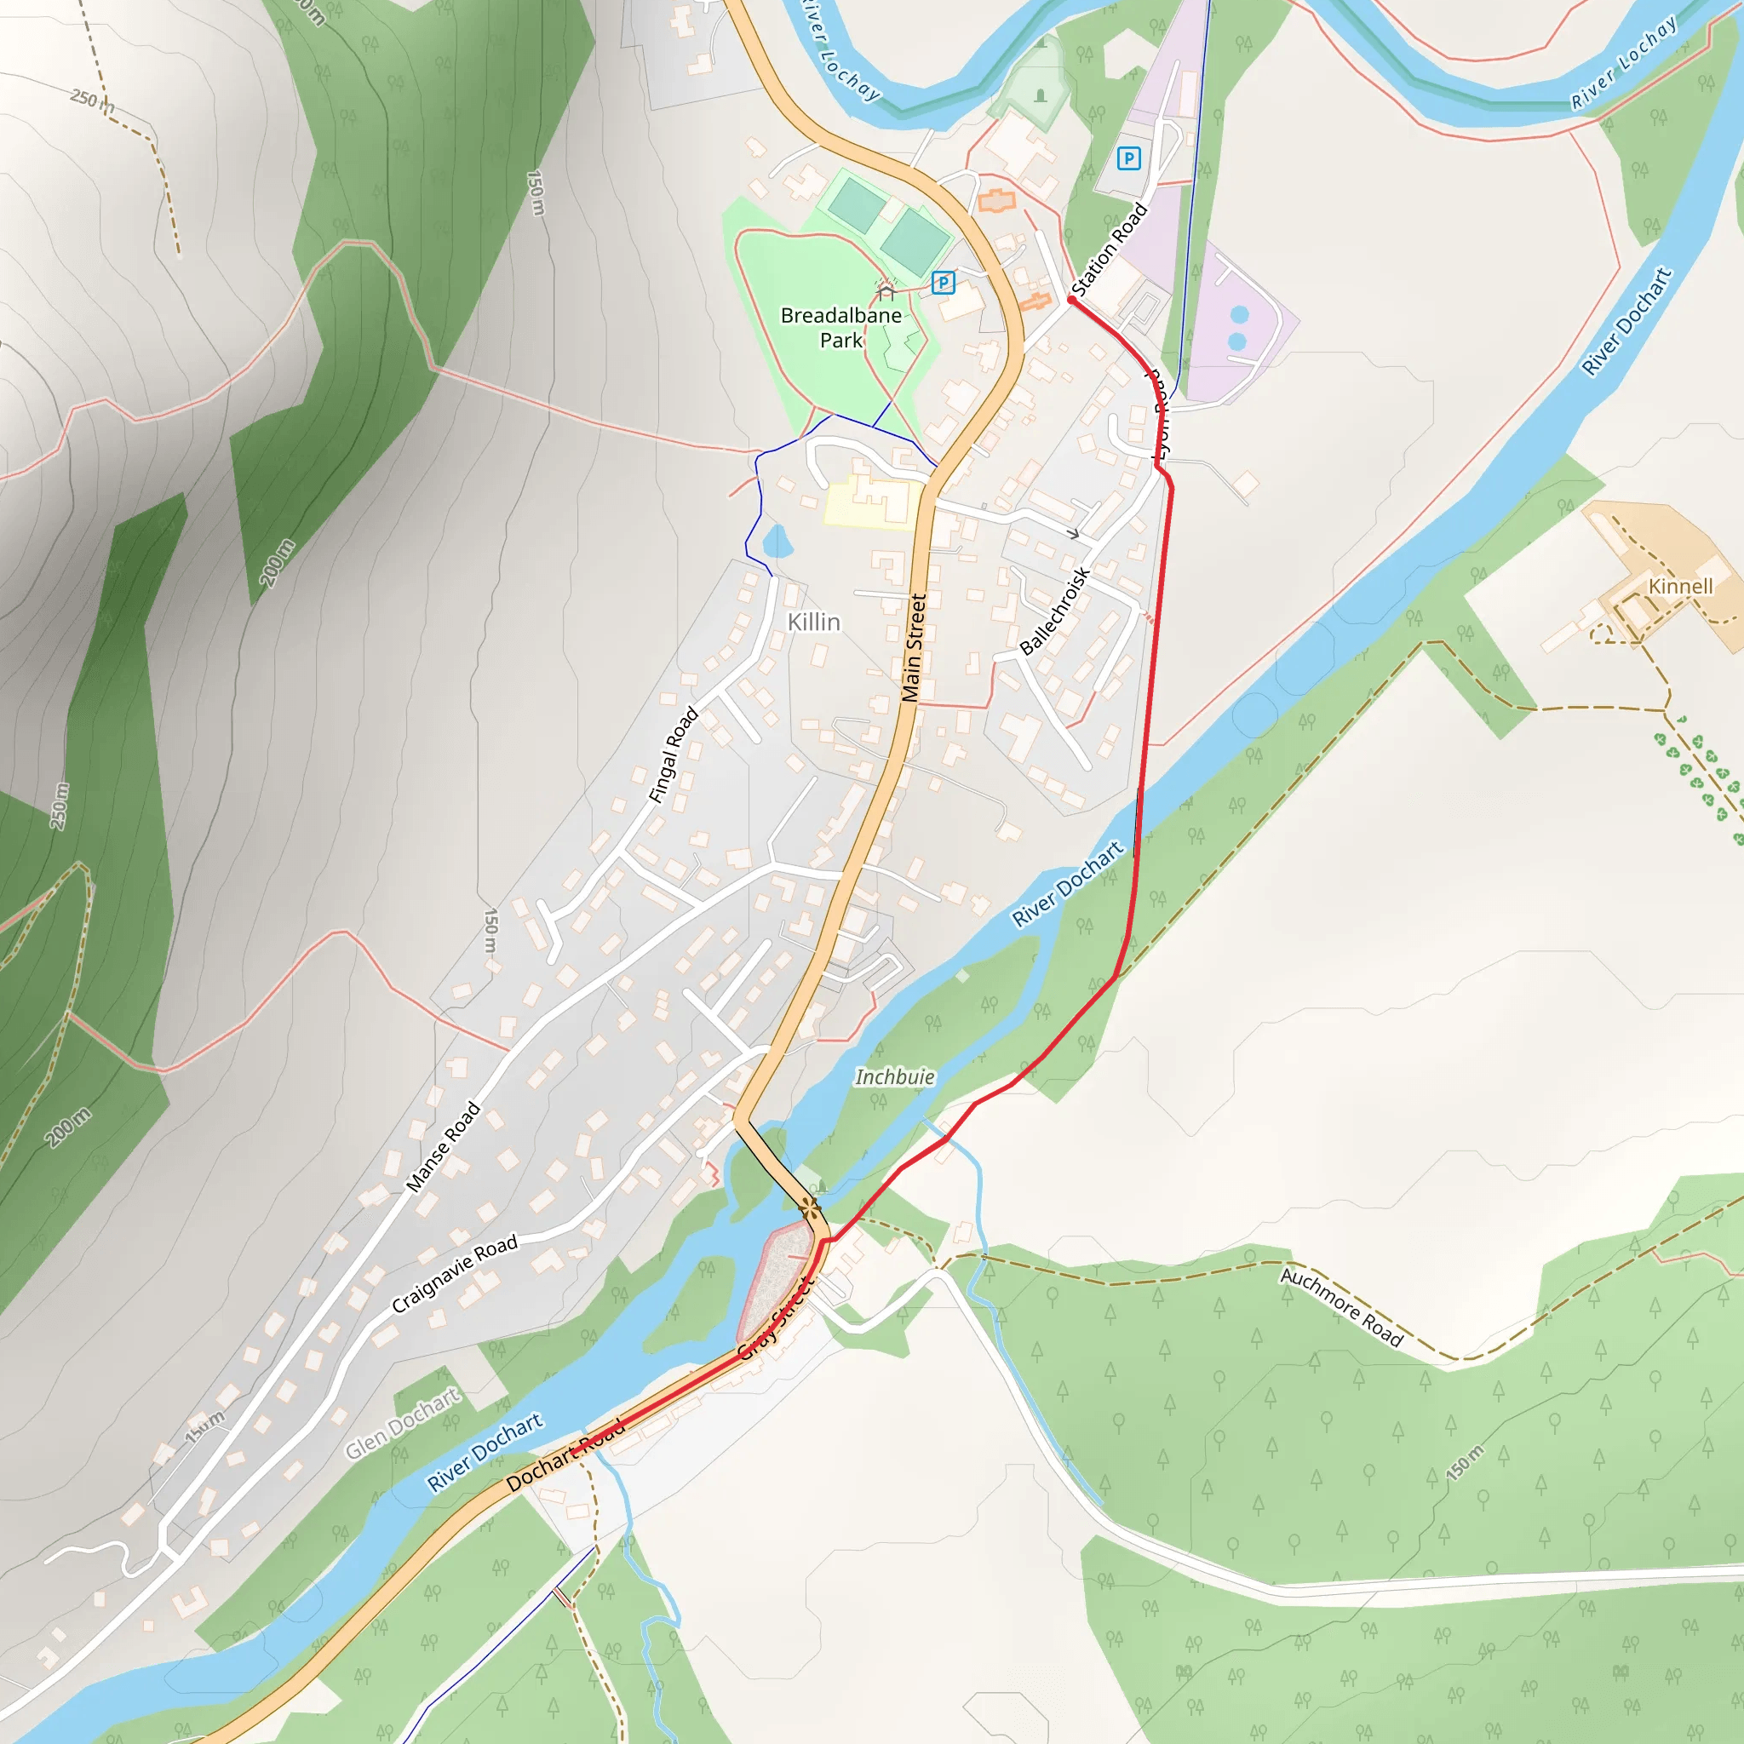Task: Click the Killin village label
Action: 813,622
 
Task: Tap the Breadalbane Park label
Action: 840,328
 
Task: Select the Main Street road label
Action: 914,647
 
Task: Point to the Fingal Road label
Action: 674,754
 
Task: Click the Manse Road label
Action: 442,1147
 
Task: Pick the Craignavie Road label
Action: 455,1273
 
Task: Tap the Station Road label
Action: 1109,250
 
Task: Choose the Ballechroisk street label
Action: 1054,611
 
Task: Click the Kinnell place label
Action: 1680,587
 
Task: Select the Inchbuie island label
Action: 895,1077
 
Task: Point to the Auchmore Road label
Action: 1341,1307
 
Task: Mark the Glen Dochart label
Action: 403,1423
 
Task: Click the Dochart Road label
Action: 565,1454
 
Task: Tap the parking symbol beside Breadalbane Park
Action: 943,283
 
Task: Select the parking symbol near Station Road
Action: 1128,159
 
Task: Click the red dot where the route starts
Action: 1071,300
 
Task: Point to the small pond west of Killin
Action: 777,542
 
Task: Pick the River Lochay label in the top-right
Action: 1624,62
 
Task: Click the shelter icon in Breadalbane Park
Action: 886,290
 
